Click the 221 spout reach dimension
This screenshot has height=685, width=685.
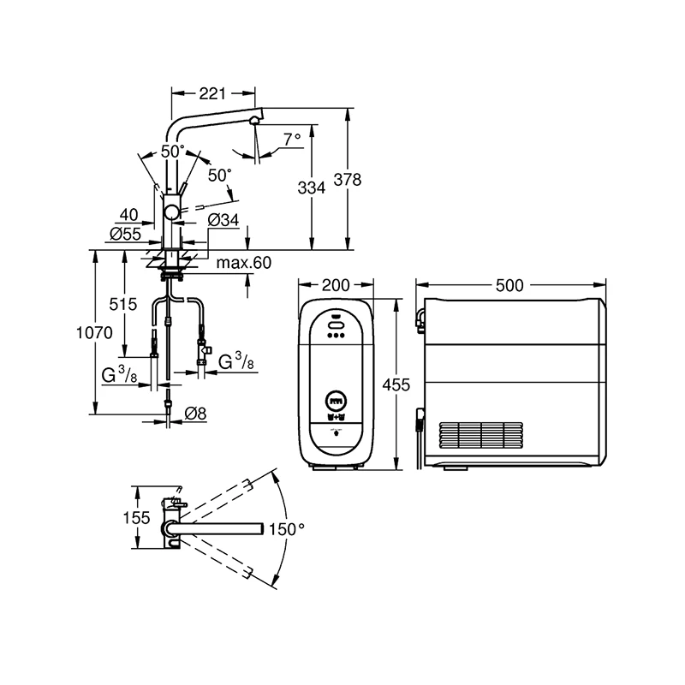click(x=212, y=93)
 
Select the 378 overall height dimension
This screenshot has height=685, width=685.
click(x=348, y=180)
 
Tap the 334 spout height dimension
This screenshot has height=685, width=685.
click(x=312, y=188)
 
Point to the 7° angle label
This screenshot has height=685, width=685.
click(x=292, y=139)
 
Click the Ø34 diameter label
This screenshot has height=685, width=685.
click(x=223, y=220)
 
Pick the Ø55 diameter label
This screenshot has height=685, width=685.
click(x=125, y=234)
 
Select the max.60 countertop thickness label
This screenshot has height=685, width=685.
click(x=244, y=263)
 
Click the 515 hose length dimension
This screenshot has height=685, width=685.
click(x=123, y=304)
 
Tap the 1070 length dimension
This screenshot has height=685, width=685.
click(x=94, y=333)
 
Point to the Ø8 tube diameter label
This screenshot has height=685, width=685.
click(x=195, y=414)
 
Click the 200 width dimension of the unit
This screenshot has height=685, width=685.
click(x=336, y=285)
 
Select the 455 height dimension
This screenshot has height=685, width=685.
click(x=396, y=384)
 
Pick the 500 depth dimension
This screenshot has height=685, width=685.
click(x=509, y=286)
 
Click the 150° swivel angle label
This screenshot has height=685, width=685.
click(x=287, y=529)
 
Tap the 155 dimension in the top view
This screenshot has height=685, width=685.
click(x=136, y=518)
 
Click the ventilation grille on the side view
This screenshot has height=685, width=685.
click(x=481, y=436)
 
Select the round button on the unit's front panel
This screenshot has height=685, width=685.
click(x=336, y=400)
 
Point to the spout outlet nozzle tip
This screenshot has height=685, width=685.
click(x=253, y=121)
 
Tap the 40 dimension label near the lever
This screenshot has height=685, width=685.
click(x=129, y=215)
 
